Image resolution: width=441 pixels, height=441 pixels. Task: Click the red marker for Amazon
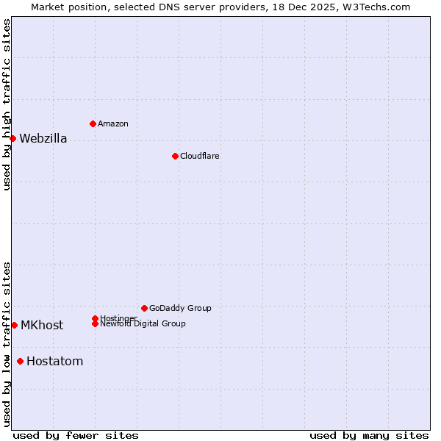coord(93,123)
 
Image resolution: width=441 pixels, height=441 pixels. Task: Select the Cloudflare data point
coord(175,156)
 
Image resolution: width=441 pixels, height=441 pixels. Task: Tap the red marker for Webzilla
coord(12,138)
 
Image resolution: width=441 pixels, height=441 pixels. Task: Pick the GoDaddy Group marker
coord(144,308)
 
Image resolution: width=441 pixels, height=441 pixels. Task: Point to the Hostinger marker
coord(95,318)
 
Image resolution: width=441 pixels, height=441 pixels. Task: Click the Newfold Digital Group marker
coord(95,323)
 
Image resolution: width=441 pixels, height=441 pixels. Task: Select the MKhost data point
coord(14,325)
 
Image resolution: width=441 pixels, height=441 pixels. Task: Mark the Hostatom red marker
coord(20,361)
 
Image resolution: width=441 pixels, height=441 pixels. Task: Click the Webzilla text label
coord(43,139)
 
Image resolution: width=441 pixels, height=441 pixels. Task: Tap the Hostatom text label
coord(54,362)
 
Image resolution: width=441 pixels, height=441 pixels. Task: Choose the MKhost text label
coord(42,326)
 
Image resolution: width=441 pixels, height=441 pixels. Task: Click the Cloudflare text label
coord(200,157)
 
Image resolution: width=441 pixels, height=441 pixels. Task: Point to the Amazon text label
coord(113,124)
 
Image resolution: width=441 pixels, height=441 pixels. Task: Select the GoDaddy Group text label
coord(180,309)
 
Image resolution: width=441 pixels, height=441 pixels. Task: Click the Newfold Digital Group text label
coord(143,324)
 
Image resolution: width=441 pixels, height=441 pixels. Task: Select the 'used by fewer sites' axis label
coord(76,435)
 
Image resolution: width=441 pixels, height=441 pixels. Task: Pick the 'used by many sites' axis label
coord(369,435)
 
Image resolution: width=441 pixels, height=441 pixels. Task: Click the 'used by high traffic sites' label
coord(7,104)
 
